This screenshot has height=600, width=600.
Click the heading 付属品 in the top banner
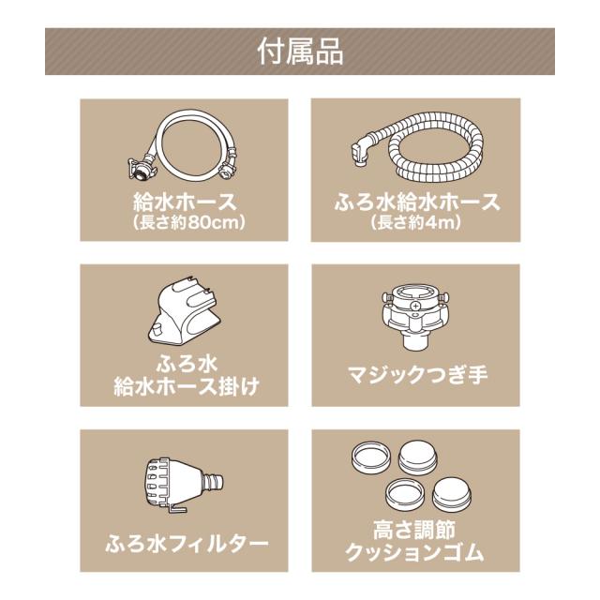tap(300, 52)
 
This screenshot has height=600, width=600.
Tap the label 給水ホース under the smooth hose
tap(185, 202)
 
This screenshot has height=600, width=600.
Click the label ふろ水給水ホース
tap(417, 202)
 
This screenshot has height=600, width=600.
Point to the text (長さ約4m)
tap(416, 222)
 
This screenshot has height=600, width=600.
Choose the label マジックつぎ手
tap(417, 375)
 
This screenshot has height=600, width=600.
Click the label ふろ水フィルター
tap(187, 544)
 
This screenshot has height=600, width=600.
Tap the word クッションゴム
tap(415, 552)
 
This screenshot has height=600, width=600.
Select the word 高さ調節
tap(414, 529)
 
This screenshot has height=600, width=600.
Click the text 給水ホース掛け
tap(187, 386)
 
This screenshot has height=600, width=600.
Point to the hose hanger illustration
tap(185, 310)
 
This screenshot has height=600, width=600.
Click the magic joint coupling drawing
tap(416, 316)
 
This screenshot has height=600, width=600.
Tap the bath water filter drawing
tap(184, 485)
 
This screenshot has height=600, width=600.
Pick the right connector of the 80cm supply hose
tap(227, 169)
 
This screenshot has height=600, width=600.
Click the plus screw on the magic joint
tap(415, 307)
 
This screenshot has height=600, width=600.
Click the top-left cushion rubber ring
tap(371, 457)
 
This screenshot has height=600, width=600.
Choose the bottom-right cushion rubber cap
tap(452, 494)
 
